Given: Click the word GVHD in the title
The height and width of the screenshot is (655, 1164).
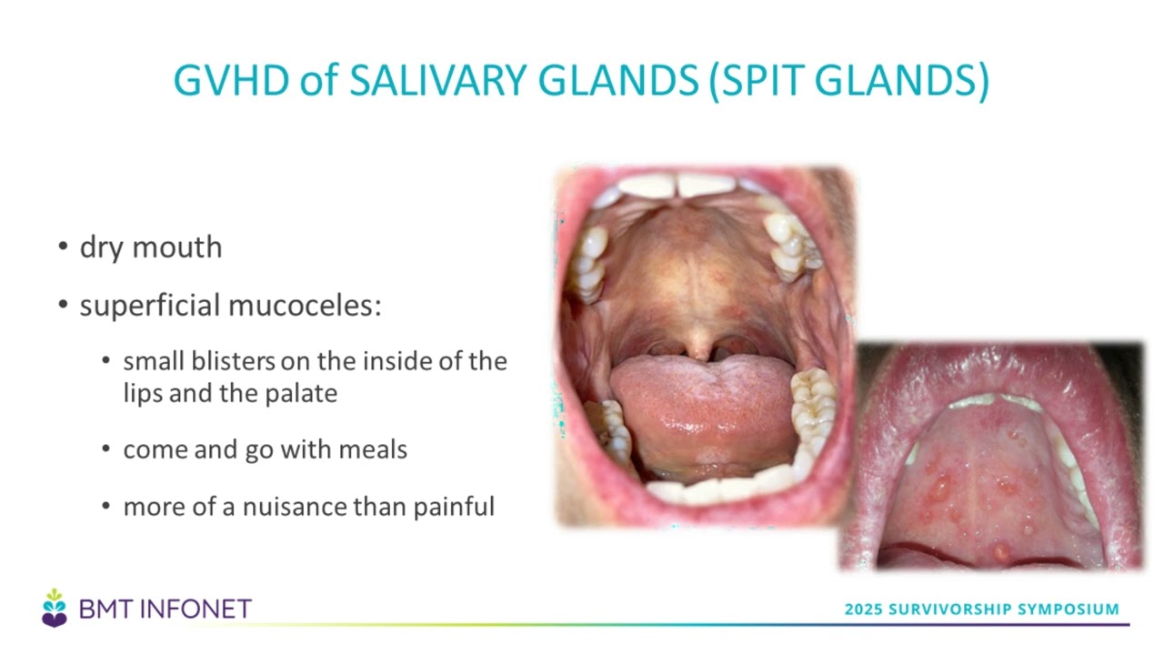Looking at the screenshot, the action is pyautogui.click(x=231, y=80).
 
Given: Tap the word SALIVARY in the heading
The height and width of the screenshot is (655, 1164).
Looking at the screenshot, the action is pyautogui.click(x=438, y=80).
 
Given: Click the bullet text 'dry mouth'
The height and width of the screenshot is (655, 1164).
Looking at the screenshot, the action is pyautogui.click(x=151, y=247).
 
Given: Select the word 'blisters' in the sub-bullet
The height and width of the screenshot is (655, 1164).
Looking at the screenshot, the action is pyautogui.click(x=234, y=361).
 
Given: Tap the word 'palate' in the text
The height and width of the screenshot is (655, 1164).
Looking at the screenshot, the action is pyautogui.click(x=301, y=394).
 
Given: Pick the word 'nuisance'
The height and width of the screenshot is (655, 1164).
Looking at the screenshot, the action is pyautogui.click(x=295, y=507).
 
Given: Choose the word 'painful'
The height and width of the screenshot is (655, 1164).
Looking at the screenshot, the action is pyautogui.click(x=454, y=508).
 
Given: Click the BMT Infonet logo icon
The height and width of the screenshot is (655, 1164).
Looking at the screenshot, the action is pyautogui.click(x=54, y=609).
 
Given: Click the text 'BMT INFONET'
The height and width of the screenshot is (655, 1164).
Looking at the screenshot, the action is pyautogui.click(x=166, y=609).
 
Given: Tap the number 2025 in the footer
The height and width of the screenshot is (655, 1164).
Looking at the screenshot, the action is pyautogui.click(x=864, y=609).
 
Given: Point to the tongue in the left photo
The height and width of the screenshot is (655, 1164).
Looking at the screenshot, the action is pyautogui.click(x=701, y=410).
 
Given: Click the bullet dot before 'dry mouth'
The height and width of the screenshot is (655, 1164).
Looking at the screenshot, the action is pyautogui.click(x=64, y=246).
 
